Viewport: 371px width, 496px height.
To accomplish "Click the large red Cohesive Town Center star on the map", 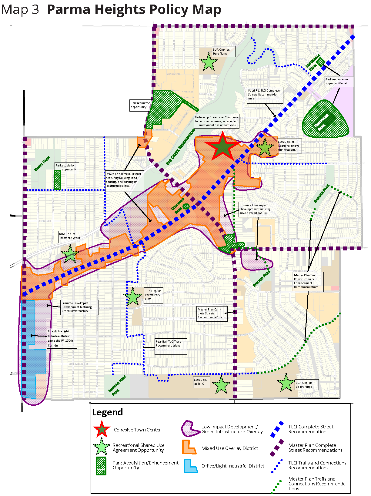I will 222,147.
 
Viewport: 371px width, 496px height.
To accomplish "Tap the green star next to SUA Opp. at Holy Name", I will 209,62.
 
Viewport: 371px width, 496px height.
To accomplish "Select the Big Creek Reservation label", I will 181,147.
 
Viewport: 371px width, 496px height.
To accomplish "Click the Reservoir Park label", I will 321,122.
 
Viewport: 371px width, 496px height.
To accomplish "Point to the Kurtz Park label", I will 42,164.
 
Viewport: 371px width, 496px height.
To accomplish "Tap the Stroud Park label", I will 262,279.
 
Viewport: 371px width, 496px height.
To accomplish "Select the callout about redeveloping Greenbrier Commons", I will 216,121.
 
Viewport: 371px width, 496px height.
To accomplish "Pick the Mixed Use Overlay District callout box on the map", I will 124,180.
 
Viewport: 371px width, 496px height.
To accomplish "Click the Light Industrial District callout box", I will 62,338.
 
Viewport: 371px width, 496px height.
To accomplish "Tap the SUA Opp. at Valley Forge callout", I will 307,385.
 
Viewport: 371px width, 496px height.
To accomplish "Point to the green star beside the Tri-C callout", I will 221,385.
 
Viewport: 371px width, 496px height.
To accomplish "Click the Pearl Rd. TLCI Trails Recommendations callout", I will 171,347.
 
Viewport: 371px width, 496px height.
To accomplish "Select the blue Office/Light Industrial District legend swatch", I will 190,466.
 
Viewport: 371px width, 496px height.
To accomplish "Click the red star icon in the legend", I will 102,429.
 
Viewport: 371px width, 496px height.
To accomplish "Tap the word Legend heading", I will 108,412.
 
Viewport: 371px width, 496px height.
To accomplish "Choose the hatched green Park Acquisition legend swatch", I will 101,466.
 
